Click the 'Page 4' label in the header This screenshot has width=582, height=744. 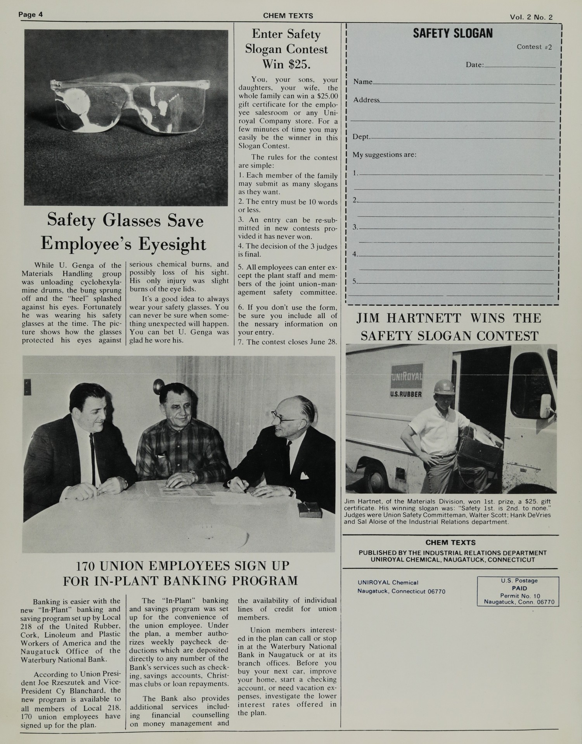tap(31, 15)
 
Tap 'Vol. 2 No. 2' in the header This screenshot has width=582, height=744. tap(531, 17)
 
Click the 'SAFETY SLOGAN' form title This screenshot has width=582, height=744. tap(452, 34)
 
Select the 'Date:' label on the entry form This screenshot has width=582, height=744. tap(475, 65)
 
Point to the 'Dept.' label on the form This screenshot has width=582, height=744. tap(361, 137)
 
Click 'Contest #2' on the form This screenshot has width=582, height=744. tap(534, 47)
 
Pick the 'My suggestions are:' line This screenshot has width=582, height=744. tap(384, 154)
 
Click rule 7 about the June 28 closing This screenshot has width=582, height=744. tap(288, 342)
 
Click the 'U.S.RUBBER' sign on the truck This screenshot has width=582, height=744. tap(406, 394)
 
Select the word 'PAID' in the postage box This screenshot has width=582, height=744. tap(519, 588)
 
